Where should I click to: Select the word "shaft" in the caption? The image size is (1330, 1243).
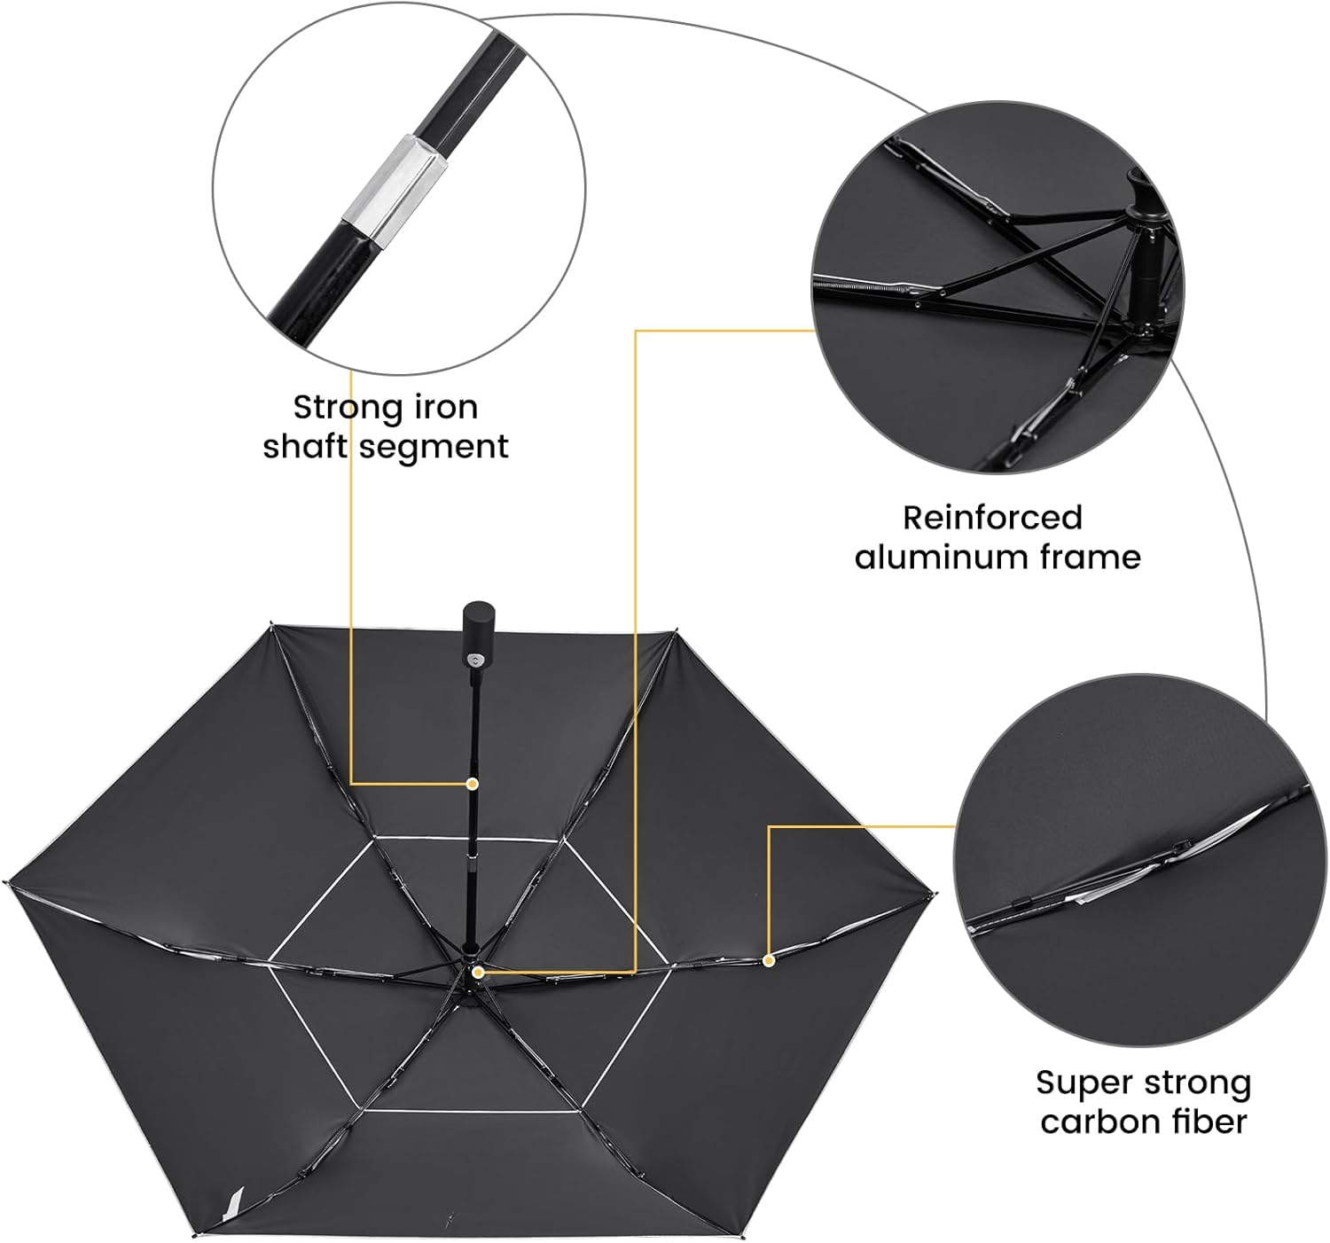tap(305, 446)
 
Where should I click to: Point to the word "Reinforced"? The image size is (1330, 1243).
tap(992, 518)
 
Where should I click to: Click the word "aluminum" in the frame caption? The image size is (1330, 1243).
tap(942, 557)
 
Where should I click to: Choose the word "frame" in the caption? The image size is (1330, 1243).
tap(1090, 557)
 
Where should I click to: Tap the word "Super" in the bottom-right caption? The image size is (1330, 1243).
tap(1084, 1083)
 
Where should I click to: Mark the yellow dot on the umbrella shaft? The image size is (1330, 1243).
tap(473, 784)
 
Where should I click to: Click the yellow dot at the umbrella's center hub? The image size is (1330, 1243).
tap(478, 973)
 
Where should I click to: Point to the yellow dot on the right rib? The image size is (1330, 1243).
tap(769, 961)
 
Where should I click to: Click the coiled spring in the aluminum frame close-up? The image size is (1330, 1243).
tap(864, 285)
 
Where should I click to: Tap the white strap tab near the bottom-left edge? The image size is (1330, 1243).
tap(232, 1203)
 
